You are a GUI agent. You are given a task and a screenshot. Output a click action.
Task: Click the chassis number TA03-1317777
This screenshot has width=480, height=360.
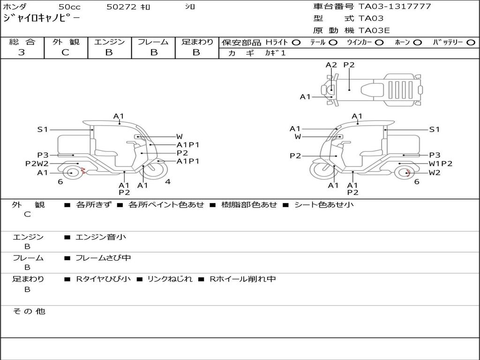pos(395,6)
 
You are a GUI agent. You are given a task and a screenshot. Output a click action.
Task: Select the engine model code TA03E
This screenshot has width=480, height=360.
pos(374,30)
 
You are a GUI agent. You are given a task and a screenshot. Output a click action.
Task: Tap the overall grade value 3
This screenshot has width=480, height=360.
pos(22,52)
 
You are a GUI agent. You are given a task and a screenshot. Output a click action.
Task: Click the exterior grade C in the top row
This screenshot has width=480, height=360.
pos(65,52)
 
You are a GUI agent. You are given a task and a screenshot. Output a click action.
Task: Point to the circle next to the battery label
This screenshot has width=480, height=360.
pos(471,43)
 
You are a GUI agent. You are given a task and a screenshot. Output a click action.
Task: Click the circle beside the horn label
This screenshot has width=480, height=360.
pos(417,43)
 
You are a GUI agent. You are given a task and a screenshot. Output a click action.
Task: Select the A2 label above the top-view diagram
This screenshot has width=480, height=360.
pos(331,65)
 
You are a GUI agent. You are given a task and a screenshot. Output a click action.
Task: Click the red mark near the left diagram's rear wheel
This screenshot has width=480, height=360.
pos(83,170)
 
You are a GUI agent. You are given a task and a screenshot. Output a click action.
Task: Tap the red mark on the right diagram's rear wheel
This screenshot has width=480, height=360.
pos(407,172)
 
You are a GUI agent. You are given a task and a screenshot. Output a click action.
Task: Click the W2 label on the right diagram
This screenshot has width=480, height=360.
pos(435,172)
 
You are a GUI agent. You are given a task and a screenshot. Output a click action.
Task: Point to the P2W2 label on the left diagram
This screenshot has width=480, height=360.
pos(37,164)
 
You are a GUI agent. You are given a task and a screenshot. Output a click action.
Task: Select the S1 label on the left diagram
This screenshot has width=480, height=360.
pos(43,129)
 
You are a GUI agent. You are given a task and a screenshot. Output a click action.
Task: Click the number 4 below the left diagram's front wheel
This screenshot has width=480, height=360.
pos(168,181)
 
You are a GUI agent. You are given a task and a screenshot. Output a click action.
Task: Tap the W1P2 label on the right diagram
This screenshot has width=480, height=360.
pos(440,164)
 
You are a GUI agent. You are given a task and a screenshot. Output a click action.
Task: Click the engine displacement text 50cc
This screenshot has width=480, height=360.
pos(69,7)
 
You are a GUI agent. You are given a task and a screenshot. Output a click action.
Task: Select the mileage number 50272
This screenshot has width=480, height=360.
pos(121,7)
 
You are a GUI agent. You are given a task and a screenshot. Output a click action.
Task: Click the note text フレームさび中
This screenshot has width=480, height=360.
pos(103,258)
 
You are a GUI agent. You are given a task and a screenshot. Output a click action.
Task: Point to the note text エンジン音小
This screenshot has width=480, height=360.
pos(101,237)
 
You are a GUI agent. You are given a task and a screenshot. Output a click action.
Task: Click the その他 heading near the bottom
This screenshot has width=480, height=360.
pos(29,311)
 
